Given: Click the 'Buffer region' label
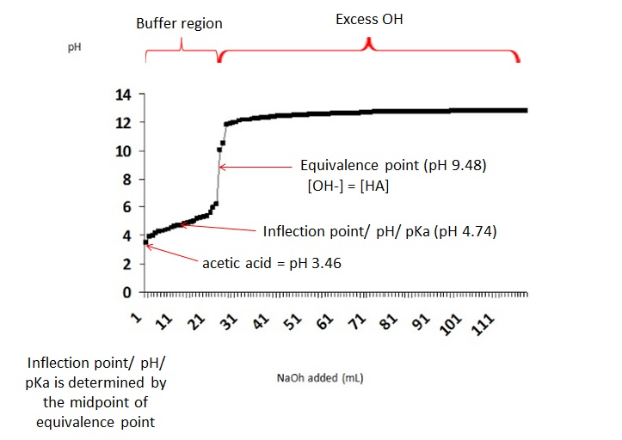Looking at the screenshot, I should pos(179,23).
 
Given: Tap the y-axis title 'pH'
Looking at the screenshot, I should pos(74,48).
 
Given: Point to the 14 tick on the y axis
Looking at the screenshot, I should pos(124,95).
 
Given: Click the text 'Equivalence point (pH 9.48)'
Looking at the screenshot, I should pos(392,166).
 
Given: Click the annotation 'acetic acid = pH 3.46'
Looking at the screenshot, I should pos(272,264).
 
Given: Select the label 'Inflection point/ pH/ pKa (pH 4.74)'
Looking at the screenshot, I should pos(379,231).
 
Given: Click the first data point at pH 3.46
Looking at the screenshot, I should pos(145,243).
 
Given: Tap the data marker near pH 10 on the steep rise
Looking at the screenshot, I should pos(219,150).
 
